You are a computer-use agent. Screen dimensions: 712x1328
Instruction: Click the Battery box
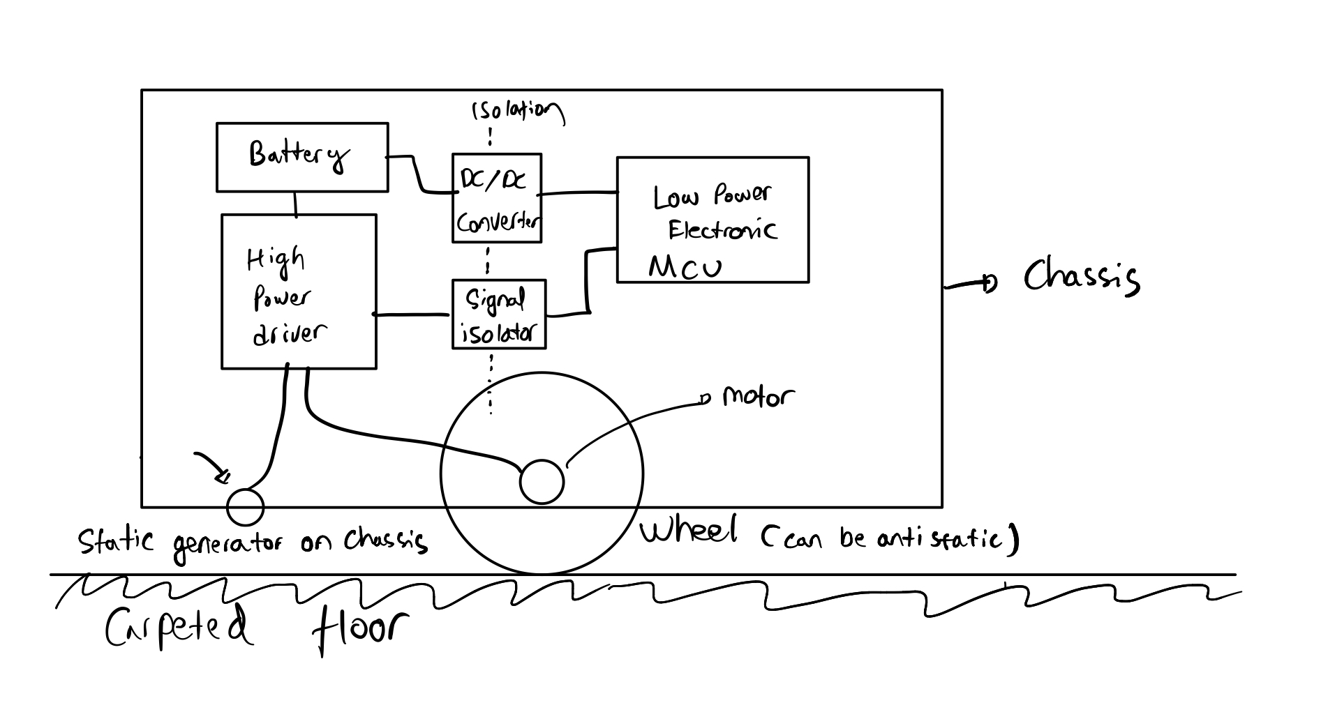(301, 157)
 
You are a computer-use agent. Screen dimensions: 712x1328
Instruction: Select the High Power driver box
(298, 291)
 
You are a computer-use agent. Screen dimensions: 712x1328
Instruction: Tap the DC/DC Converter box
(496, 198)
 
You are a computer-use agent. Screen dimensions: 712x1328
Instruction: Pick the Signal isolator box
(498, 315)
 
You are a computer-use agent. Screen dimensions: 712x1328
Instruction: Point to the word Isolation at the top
(517, 112)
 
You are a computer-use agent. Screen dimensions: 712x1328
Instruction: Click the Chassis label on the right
(1081, 276)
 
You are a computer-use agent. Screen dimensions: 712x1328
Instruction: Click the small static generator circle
(246, 507)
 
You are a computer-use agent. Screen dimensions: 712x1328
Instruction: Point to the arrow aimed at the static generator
(212, 466)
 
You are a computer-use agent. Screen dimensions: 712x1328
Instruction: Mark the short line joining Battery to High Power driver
(296, 203)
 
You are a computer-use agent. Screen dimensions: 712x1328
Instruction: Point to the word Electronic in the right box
(722, 230)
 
